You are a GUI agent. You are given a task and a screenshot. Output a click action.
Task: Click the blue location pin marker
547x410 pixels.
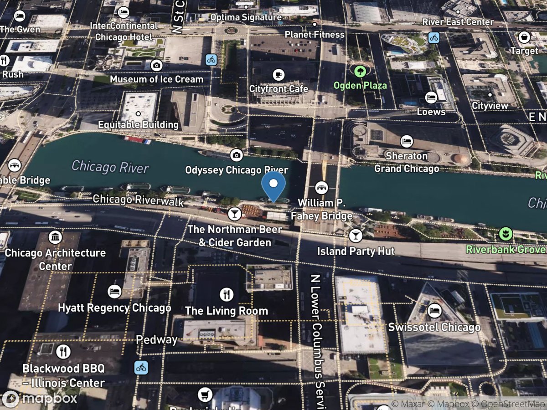tap(273, 184)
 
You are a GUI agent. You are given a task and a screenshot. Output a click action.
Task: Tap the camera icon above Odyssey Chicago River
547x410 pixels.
tap(236, 155)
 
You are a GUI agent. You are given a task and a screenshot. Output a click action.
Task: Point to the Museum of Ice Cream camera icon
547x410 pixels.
tap(157, 65)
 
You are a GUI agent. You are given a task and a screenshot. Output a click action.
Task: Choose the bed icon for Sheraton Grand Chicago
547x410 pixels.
tap(406, 141)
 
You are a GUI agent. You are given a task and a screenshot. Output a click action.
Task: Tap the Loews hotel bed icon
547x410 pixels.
tap(431, 97)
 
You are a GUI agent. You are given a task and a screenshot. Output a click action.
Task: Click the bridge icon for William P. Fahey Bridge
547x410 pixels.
tap(322, 187)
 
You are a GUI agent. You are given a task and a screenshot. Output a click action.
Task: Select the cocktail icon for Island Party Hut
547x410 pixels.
tap(356, 236)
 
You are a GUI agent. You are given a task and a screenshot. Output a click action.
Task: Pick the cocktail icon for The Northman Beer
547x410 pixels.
tap(234, 214)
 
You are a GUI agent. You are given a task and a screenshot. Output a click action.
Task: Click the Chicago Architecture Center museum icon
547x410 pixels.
tap(55, 237)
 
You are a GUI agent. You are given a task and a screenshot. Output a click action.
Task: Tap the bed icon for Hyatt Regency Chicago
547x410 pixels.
tap(114, 292)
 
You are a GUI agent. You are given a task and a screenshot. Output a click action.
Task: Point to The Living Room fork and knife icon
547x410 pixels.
tap(227, 295)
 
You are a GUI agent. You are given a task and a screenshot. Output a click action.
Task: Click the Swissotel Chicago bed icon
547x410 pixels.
tap(434, 311)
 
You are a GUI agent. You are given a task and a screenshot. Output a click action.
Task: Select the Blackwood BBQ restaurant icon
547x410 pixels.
tap(63, 352)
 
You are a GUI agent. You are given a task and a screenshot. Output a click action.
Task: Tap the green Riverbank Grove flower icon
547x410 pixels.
tap(505, 234)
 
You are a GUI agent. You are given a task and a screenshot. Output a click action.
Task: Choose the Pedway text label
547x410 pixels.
tap(157, 340)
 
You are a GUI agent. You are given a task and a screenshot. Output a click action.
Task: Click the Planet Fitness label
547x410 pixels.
tap(315, 35)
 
